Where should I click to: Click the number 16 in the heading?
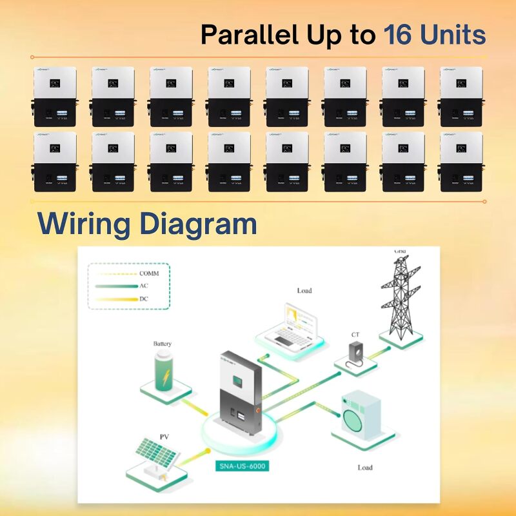[401, 34]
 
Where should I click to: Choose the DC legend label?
[144, 299]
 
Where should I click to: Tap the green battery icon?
[162, 372]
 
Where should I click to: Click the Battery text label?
[163, 344]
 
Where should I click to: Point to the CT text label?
[355, 335]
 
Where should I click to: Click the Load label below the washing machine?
[365, 467]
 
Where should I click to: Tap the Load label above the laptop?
[304, 291]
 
